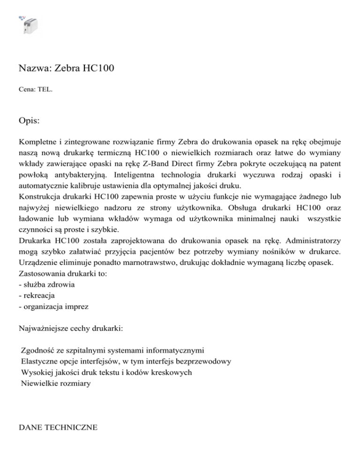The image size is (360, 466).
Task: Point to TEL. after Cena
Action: pyautogui.click(x=45, y=87)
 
